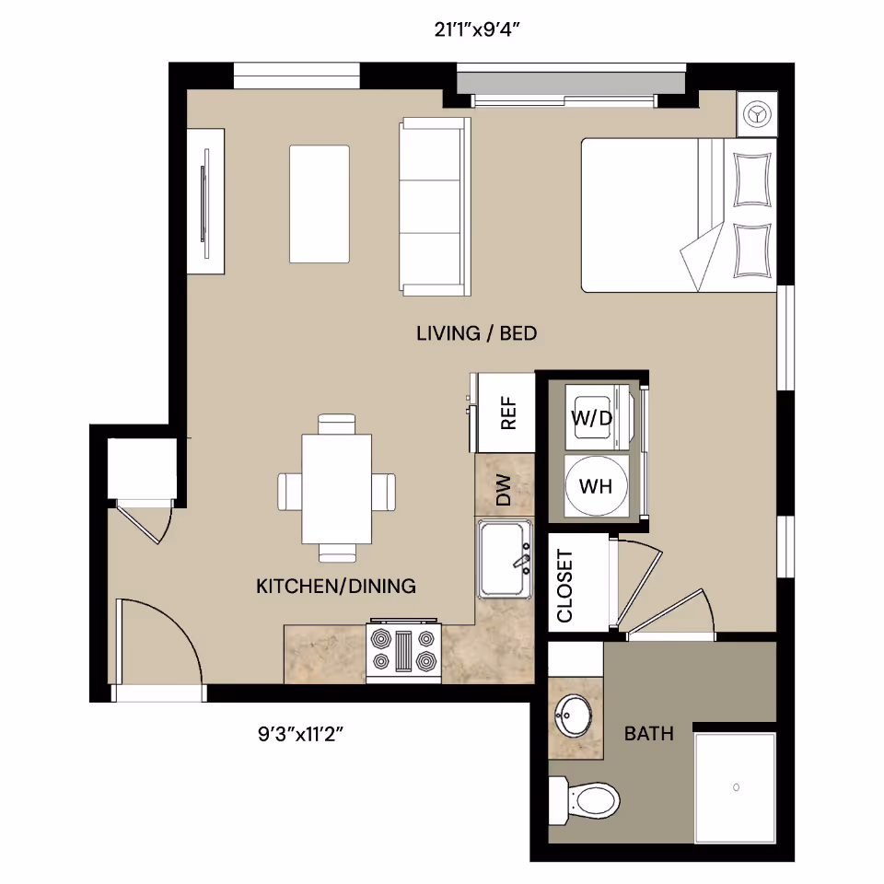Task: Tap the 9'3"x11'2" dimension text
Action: tap(306, 735)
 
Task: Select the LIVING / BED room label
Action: tap(476, 333)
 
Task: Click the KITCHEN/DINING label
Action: tap(335, 586)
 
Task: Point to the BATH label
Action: tap(648, 734)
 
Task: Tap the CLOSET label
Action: tap(565, 586)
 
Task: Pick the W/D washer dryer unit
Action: tap(592, 418)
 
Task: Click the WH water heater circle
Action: tap(596, 485)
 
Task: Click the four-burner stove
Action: tap(403, 650)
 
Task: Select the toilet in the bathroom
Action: tap(586, 798)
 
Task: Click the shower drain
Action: tap(736, 787)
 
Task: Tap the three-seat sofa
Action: tap(433, 207)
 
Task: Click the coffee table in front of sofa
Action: tap(320, 204)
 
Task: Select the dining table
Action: tap(336, 488)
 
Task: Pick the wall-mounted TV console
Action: tap(205, 200)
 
